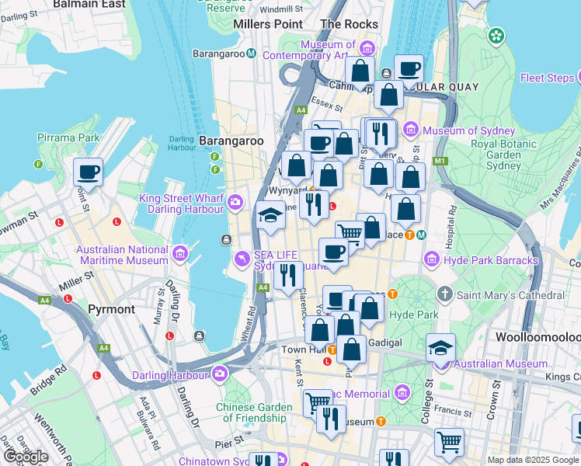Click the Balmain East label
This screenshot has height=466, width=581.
[91, 4]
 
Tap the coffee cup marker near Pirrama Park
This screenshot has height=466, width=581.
[88, 172]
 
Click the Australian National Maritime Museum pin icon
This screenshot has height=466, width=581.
[181, 253]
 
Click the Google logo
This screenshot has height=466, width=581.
[25, 457]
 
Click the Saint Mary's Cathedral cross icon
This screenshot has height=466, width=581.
[444, 295]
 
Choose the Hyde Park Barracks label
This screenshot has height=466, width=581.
[492, 260]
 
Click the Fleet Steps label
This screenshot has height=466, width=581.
[548, 78]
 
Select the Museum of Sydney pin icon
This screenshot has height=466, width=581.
[410, 130]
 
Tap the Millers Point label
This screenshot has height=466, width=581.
[268, 24]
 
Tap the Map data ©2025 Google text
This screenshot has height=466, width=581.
[533, 460]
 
